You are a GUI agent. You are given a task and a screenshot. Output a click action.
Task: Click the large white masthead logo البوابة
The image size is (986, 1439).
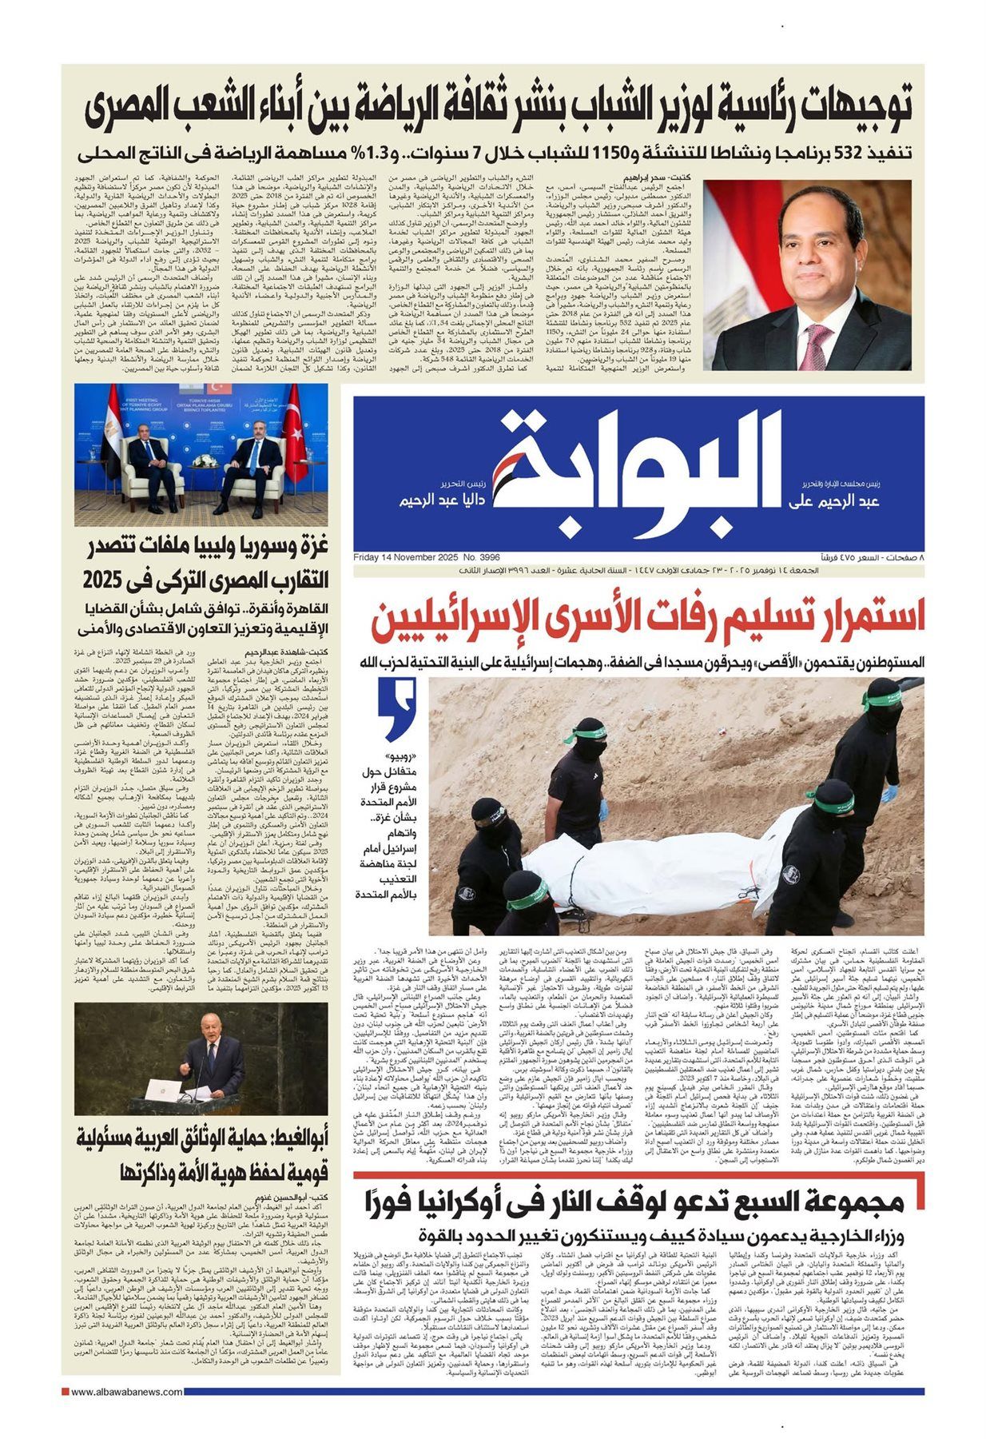635,472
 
